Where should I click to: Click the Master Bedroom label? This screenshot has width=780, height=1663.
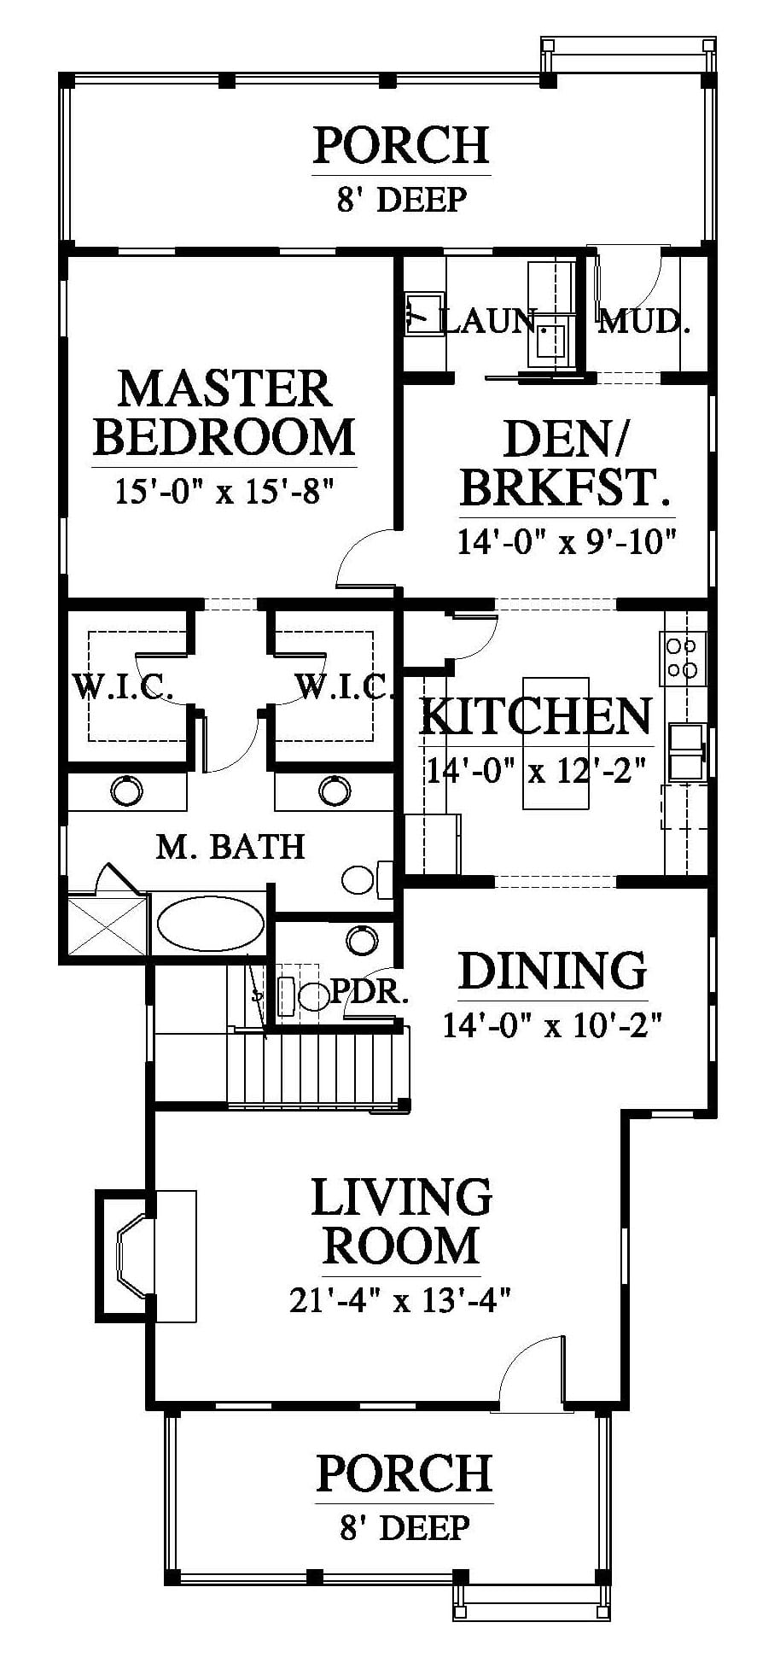[224, 412]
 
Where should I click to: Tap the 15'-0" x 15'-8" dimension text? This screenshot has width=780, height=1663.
[224, 492]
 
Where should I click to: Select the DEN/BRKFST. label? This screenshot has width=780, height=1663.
[564, 464]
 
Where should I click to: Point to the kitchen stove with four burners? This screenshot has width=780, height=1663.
[683, 658]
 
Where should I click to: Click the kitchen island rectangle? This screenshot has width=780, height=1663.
[556, 743]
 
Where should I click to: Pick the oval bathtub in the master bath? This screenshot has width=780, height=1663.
[210, 923]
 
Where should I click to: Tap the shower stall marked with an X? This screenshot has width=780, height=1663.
[107, 925]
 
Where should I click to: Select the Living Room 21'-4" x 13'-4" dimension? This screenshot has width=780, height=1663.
[400, 1300]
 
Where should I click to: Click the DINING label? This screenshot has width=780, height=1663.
[553, 971]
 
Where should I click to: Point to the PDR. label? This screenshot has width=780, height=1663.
[370, 991]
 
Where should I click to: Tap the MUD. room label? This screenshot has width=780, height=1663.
[644, 322]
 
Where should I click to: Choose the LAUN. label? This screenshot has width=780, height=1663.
[490, 321]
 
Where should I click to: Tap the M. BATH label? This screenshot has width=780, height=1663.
[230, 846]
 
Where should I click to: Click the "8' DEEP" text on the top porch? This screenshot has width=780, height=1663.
[402, 200]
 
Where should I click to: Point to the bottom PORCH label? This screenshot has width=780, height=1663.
[405, 1473]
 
